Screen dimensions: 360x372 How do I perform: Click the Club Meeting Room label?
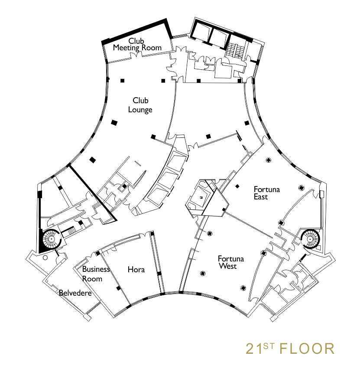137,44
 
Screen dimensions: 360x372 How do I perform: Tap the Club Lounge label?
140,105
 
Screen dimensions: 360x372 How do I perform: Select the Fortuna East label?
266,193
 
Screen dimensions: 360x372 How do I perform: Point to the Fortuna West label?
230,262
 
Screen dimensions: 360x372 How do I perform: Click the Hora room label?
136,270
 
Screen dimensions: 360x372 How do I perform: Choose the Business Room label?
96,274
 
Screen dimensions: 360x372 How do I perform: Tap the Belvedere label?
75,293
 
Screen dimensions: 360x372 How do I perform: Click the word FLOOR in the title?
307,349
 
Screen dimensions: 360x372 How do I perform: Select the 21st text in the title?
260,349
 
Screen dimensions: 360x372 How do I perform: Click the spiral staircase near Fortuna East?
310,238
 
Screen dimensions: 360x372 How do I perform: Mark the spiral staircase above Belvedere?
51,239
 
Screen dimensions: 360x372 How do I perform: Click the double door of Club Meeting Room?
136,55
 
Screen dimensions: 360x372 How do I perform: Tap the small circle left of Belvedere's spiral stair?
45,258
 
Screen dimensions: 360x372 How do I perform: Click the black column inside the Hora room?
118,288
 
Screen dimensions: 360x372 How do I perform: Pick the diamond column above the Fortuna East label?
268,160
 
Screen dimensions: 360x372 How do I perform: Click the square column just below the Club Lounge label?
114,123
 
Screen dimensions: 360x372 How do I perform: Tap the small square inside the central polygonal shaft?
201,197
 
